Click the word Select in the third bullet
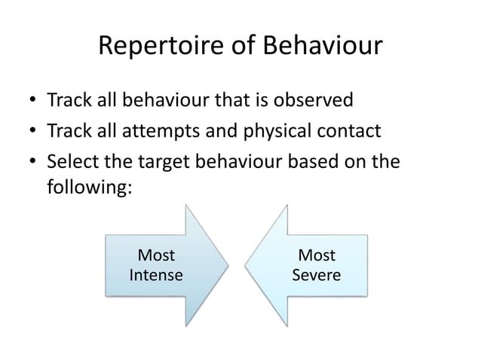point(72,163)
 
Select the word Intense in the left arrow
point(156,275)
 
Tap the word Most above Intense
point(156,257)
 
